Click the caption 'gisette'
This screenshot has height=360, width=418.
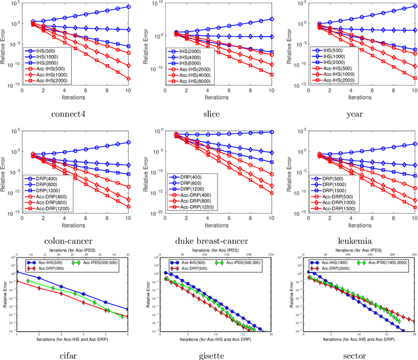click(209, 353)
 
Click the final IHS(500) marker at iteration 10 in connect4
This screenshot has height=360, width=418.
click(128, 7)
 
